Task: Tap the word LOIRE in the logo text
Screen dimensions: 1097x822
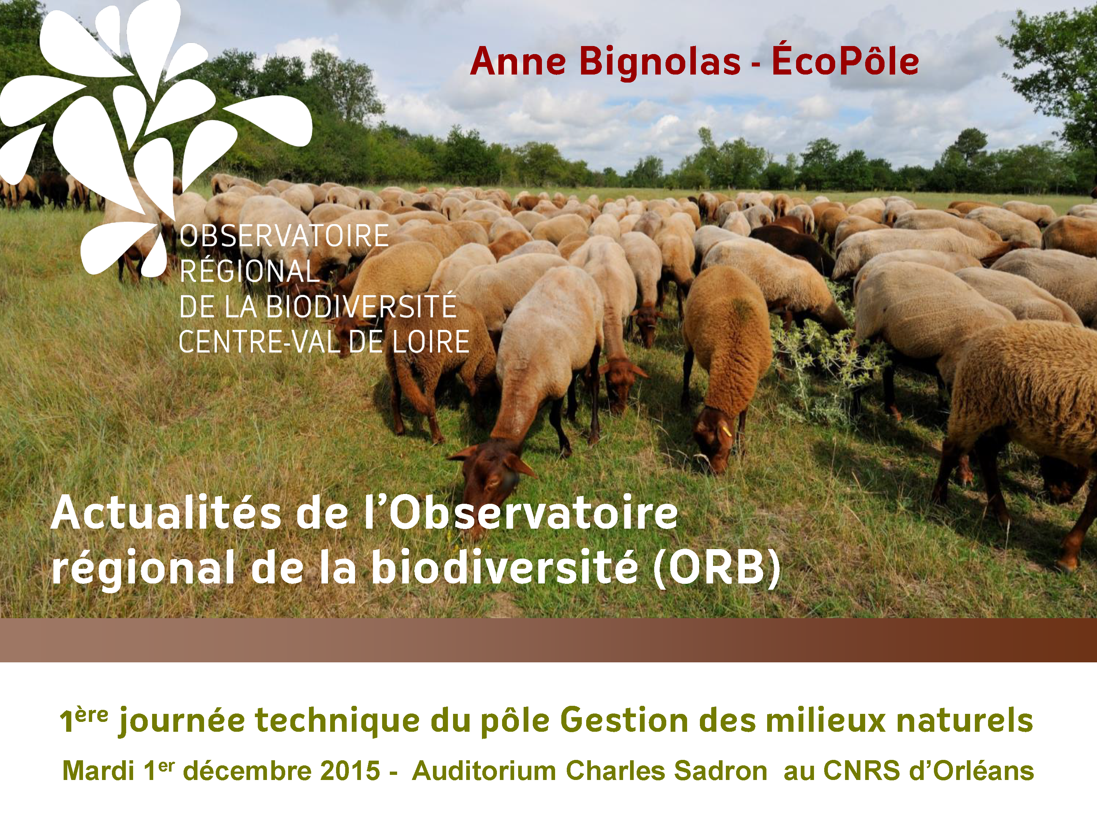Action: coord(430,342)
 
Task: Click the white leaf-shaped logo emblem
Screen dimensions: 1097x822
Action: coord(149,129)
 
